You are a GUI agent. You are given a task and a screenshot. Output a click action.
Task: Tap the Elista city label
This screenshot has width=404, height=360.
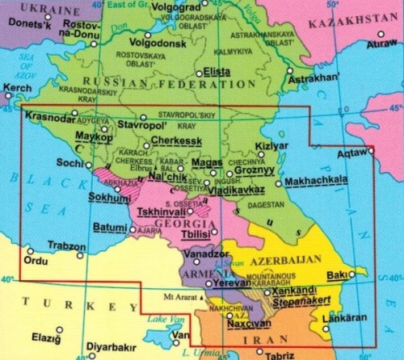coord(216,72)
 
